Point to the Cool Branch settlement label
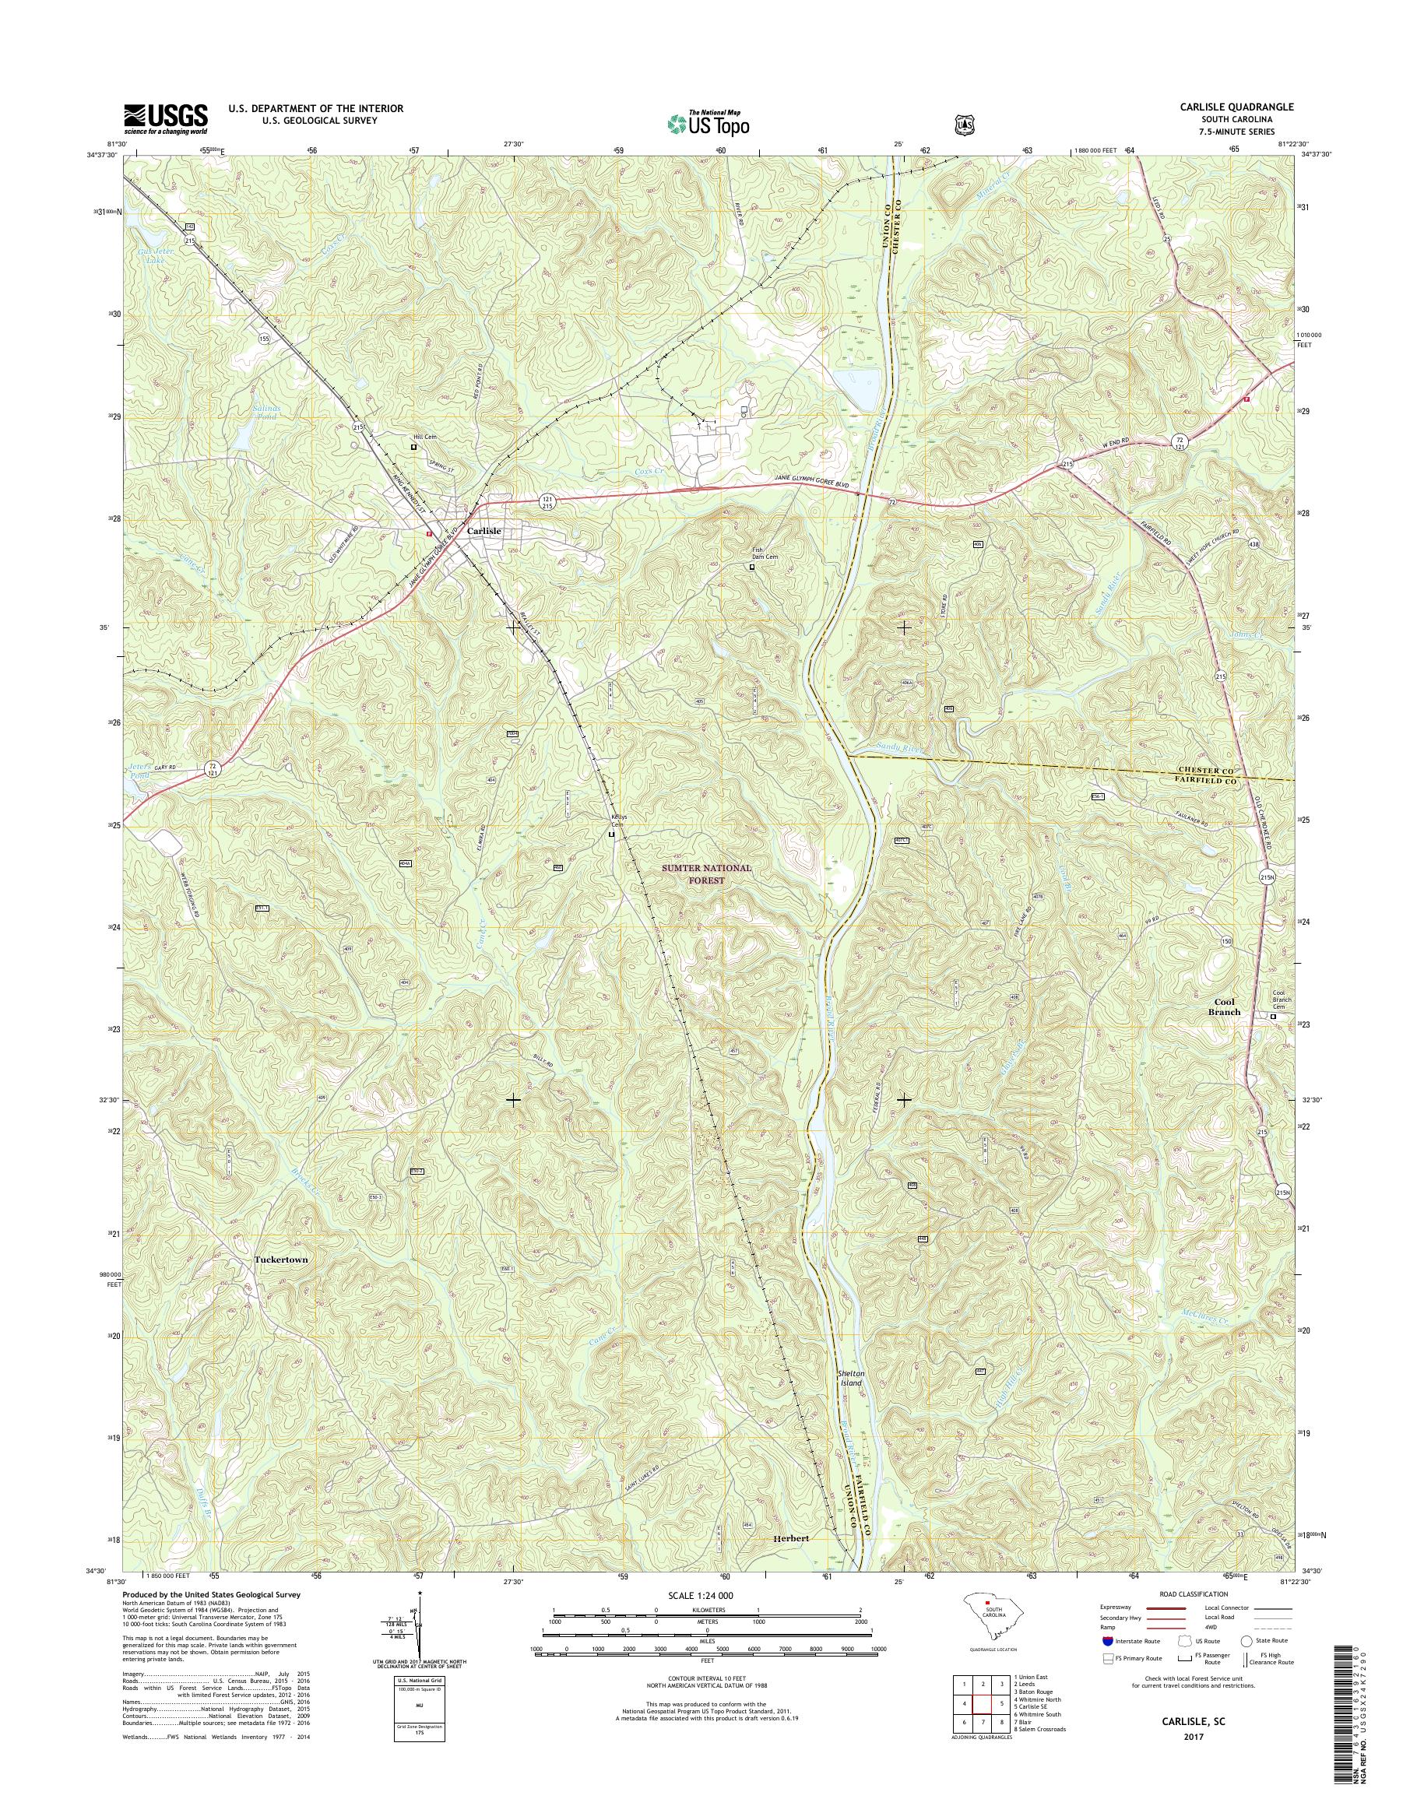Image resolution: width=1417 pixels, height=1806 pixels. [x=1224, y=1007]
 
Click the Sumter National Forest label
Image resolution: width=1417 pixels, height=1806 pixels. [x=706, y=874]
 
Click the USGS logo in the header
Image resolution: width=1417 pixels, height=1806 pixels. [x=165, y=119]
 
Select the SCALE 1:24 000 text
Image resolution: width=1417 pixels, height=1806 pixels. [x=700, y=1595]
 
